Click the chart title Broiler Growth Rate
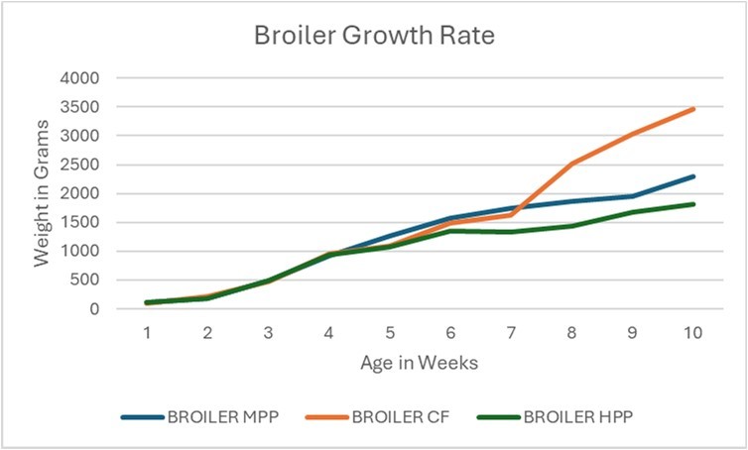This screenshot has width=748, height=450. [x=373, y=36]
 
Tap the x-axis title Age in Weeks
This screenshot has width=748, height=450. [x=420, y=363]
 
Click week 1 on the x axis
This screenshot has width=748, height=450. [x=147, y=333]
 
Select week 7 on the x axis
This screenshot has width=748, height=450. [x=511, y=333]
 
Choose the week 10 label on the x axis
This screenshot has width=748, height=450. [x=692, y=333]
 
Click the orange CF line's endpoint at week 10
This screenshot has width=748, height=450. [x=692, y=109]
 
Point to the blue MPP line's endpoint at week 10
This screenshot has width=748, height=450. [x=692, y=176]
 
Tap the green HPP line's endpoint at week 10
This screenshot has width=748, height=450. [x=692, y=204]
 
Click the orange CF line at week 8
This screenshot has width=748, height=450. [x=571, y=164]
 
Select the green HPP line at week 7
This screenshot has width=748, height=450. [x=511, y=232]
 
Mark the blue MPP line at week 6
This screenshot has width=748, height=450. [x=450, y=218]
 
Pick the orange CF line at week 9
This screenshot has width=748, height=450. [x=632, y=134]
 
